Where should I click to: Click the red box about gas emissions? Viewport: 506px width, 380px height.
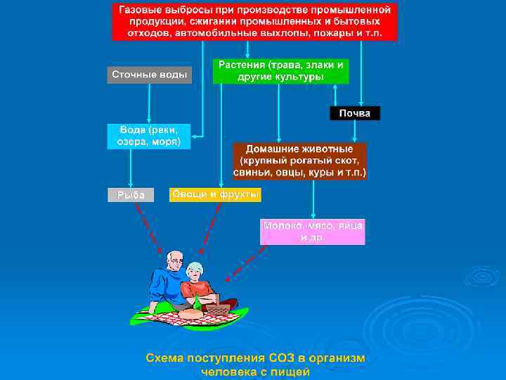254,22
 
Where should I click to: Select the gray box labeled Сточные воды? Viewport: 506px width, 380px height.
149,75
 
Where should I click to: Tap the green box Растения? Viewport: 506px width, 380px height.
280,70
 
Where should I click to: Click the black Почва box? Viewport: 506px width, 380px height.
355,113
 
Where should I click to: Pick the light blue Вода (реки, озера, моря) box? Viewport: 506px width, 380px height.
148,136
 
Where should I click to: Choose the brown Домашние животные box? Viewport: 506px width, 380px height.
299,161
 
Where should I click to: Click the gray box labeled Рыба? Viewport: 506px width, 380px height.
130,194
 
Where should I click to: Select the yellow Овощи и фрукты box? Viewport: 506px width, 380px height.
215,194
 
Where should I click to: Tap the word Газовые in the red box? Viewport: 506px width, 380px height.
141,11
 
